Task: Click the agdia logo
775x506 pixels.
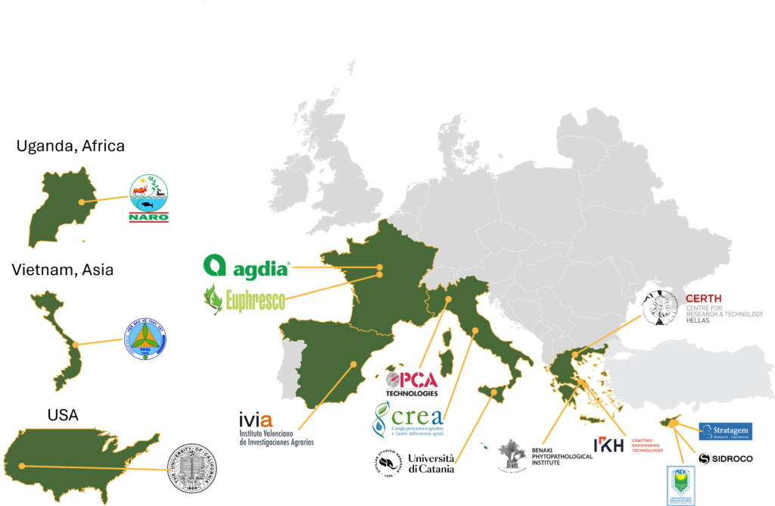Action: click(246, 267)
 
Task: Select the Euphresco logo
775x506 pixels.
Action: click(244, 299)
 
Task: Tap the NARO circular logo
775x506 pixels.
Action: click(149, 198)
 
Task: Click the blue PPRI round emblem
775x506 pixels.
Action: click(145, 338)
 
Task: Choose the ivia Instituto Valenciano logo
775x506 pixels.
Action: click(274, 429)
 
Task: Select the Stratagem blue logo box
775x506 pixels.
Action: click(725, 432)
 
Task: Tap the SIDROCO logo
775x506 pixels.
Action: click(725, 458)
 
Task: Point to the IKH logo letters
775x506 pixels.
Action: click(608, 445)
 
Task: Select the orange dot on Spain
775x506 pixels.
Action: click(353, 364)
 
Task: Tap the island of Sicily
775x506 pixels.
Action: click(493, 393)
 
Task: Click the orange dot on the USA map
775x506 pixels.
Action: click(22, 466)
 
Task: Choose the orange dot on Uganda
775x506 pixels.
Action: click(80, 202)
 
